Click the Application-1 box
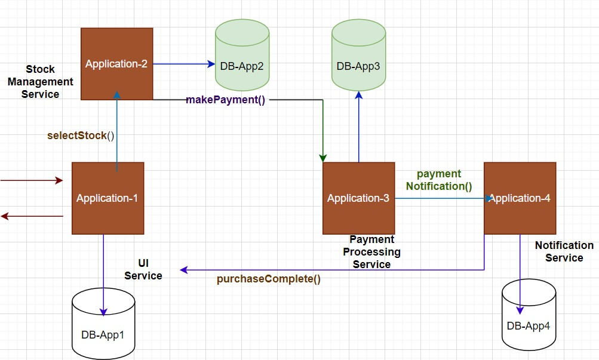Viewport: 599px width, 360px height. pos(107,198)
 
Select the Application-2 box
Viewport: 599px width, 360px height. pos(116,64)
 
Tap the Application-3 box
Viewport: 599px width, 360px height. pos(358,198)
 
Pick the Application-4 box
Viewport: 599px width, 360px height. pos(520,198)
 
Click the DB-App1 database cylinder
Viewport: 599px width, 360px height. pos(103,322)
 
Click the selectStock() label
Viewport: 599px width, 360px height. pos(81,136)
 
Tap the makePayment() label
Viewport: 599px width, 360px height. pos(225,99)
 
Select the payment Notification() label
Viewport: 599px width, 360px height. pos(439,180)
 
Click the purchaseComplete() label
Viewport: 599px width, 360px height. pos(268,279)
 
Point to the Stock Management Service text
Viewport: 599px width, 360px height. pos(41,82)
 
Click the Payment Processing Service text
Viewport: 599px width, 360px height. pos(371,252)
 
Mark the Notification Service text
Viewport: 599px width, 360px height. pos(564,251)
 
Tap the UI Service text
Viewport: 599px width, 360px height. pos(143,269)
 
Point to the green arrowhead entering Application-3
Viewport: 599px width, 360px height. pos(323,158)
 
